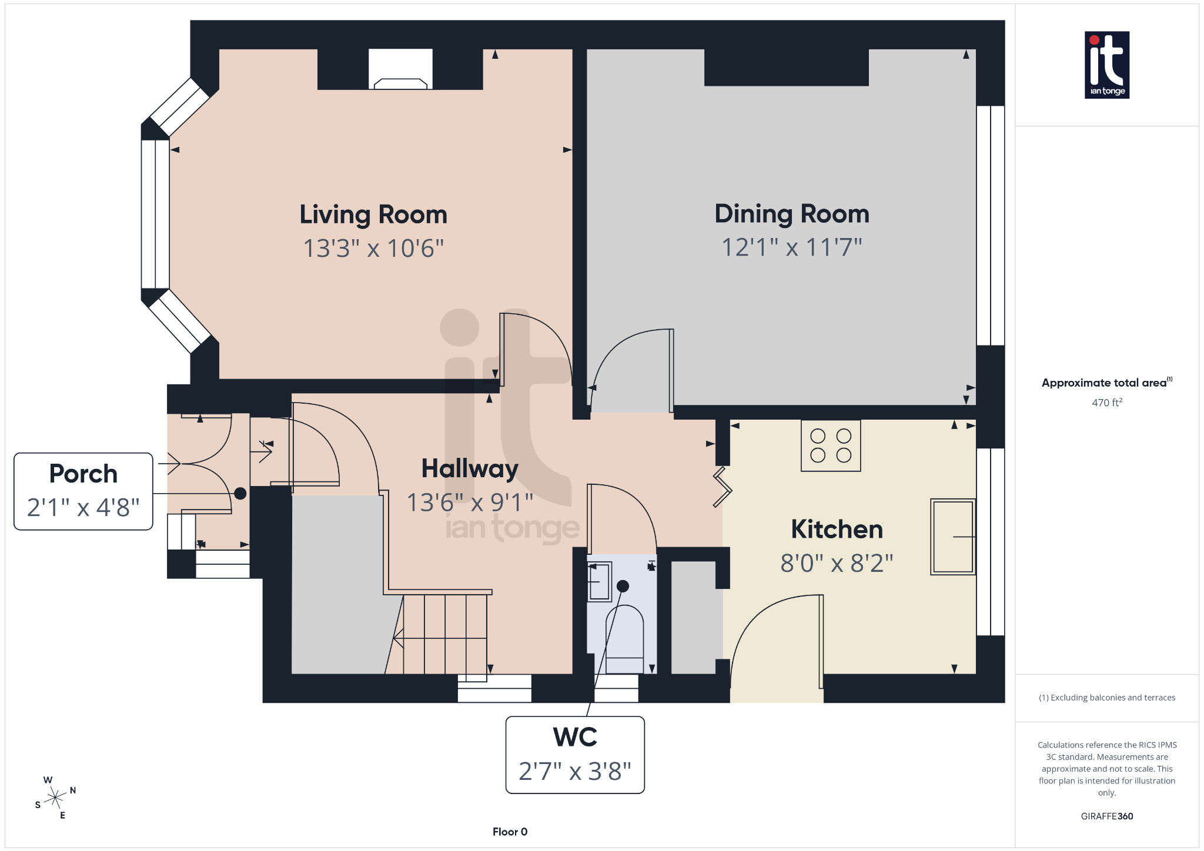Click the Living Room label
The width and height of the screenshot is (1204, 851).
373,215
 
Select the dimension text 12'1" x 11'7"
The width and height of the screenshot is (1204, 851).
791,247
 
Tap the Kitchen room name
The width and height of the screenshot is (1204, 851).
837,530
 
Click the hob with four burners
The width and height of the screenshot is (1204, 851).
831,445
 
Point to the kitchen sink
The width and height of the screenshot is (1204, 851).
952,537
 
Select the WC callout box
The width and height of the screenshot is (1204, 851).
575,755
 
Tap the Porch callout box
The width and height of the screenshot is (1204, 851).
83,491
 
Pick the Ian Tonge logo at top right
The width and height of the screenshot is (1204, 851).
1106,65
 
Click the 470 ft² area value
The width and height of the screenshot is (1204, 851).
1106,403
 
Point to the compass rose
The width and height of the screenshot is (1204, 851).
55,798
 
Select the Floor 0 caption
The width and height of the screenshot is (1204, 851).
510,832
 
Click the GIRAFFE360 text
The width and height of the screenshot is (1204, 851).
1106,816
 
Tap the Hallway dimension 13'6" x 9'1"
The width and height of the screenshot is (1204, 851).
470,502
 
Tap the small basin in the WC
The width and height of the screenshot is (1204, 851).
599,581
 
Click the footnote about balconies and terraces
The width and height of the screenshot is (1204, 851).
1106,698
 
